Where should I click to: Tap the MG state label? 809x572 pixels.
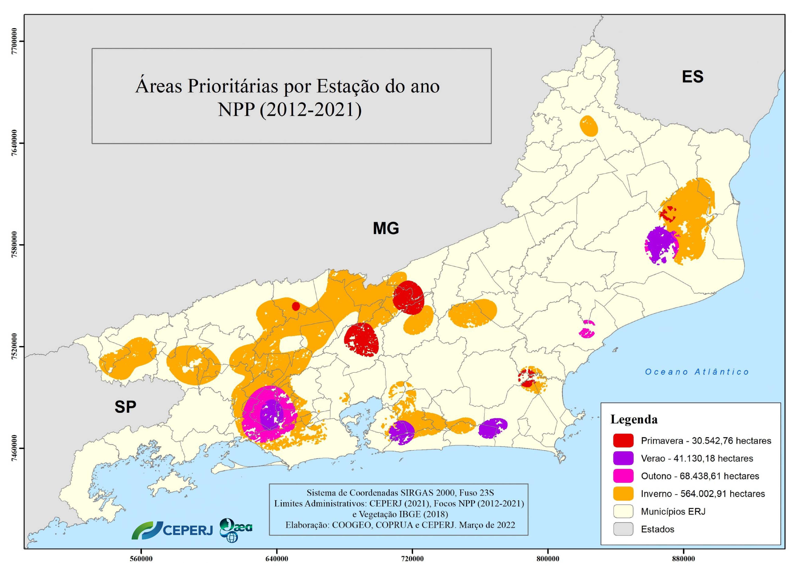point(386,228)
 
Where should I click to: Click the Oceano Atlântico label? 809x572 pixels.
point(697,372)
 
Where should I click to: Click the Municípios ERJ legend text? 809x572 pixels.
point(673,511)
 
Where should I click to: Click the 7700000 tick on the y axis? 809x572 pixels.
point(14,41)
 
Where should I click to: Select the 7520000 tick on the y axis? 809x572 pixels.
point(14,346)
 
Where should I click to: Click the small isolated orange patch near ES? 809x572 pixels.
point(589,126)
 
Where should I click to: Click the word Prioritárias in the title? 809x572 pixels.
point(232,86)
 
